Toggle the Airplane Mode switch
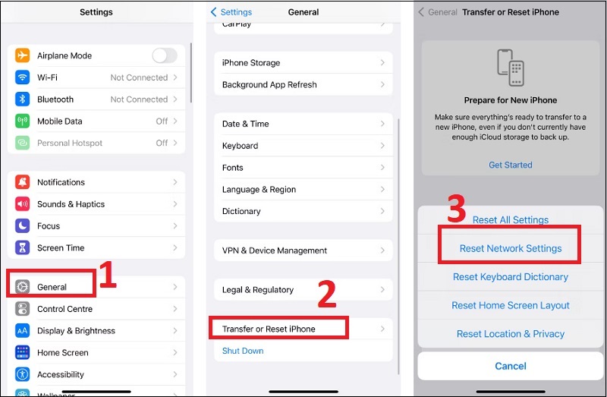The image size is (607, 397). pyautogui.click(x=164, y=55)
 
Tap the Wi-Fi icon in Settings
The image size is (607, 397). pyautogui.click(x=23, y=77)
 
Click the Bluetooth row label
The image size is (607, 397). pyautogui.click(x=55, y=99)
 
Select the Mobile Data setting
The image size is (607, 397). pyautogui.click(x=60, y=121)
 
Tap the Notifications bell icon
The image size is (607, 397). pyautogui.click(x=23, y=182)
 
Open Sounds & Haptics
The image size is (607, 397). pyautogui.click(x=71, y=204)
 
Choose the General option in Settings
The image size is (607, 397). pyautogui.click(x=52, y=287)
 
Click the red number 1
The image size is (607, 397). pyautogui.click(x=108, y=276)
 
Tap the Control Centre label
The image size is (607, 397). pyautogui.click(x=64, y=309)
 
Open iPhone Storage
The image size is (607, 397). pyautogui.click(x=251, y=63)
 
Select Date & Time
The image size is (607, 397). pyautogui.click(x=245, y=124)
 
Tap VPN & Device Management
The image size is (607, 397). pyautogui.click(x=275, y=250)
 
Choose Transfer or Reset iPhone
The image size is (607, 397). pyautogui.click(x=269, y=329)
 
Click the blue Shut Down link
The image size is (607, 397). pyautogui.click(x=243, y=351)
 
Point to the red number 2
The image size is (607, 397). pyautogui.click(x=326, y=295)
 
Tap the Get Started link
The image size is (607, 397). pyautogui.click(x=510, y=165)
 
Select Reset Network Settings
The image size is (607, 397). pyautogui.click(x=511, y=248)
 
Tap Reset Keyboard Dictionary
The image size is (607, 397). pyautogui.click(x=511, y=277)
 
